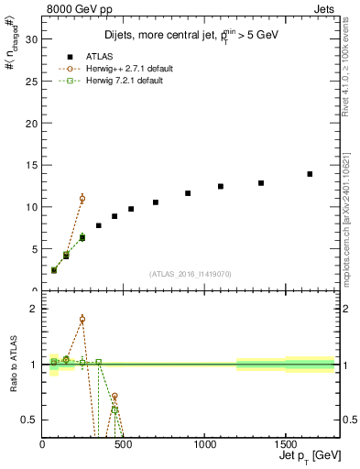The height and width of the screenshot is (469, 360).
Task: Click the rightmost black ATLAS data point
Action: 310,174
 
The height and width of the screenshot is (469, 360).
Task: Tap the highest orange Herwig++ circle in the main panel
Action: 82,199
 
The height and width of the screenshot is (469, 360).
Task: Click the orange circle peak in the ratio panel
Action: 82,320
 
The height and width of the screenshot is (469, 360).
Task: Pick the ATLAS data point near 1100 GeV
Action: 221,186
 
